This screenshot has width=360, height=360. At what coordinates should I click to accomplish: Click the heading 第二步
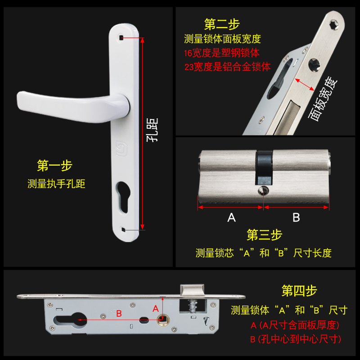pyautogui.click(x=222, y=24)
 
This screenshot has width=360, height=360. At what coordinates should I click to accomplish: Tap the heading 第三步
pyautogui.click(x=264, y=234)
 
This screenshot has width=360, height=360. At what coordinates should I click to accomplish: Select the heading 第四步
pyautogui.click(x=299, y=291)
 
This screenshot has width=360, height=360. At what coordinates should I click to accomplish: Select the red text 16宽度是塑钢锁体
pyautogui.click(x=221, y=53)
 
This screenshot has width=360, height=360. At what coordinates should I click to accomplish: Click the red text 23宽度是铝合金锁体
pyautogui.click(x=227, y=67)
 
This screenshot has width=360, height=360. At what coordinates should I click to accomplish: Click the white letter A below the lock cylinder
pyautogui.click(x=231, y=218)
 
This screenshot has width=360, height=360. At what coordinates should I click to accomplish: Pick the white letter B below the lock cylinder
pyautogui.click(x=296, y=218)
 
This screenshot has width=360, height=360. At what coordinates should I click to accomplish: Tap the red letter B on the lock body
pyautogui.click(x=119, y=314)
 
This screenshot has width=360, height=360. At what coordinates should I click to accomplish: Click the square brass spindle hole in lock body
pyautogui.click(x=162, y=320)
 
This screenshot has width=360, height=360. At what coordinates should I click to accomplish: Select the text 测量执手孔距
pyautogui.click(x=56, y=184)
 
